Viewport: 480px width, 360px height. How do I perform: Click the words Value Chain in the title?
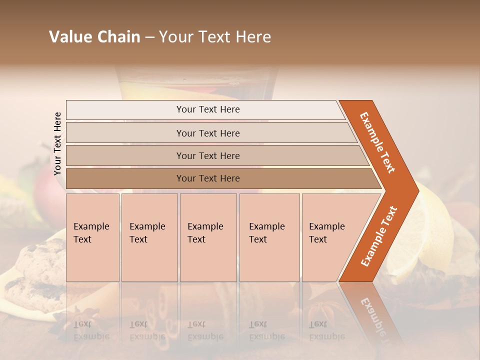(94, 37)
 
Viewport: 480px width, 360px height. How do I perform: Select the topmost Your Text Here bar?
(207, 109)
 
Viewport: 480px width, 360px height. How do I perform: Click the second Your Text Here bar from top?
(207, 133)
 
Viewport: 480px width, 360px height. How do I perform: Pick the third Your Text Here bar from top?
(207, 155)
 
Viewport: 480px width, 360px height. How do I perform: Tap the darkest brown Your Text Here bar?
(207, 178)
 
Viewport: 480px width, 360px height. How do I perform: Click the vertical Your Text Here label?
(57, 143)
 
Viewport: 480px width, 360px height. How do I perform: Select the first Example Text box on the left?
(92, 237)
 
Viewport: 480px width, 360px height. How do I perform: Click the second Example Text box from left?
(149, 237)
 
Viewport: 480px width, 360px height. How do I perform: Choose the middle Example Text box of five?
(208, 237)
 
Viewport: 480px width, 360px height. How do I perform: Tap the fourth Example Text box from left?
(269, 237)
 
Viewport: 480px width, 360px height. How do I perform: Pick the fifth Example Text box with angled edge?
(330, 237)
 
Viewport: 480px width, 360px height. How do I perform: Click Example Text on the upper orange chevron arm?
(377, 142)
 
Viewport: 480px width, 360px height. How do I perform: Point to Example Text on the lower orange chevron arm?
(379, 236)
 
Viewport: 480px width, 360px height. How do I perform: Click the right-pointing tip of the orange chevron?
(416, 190)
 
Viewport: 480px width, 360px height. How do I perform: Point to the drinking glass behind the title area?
(195, 82)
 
